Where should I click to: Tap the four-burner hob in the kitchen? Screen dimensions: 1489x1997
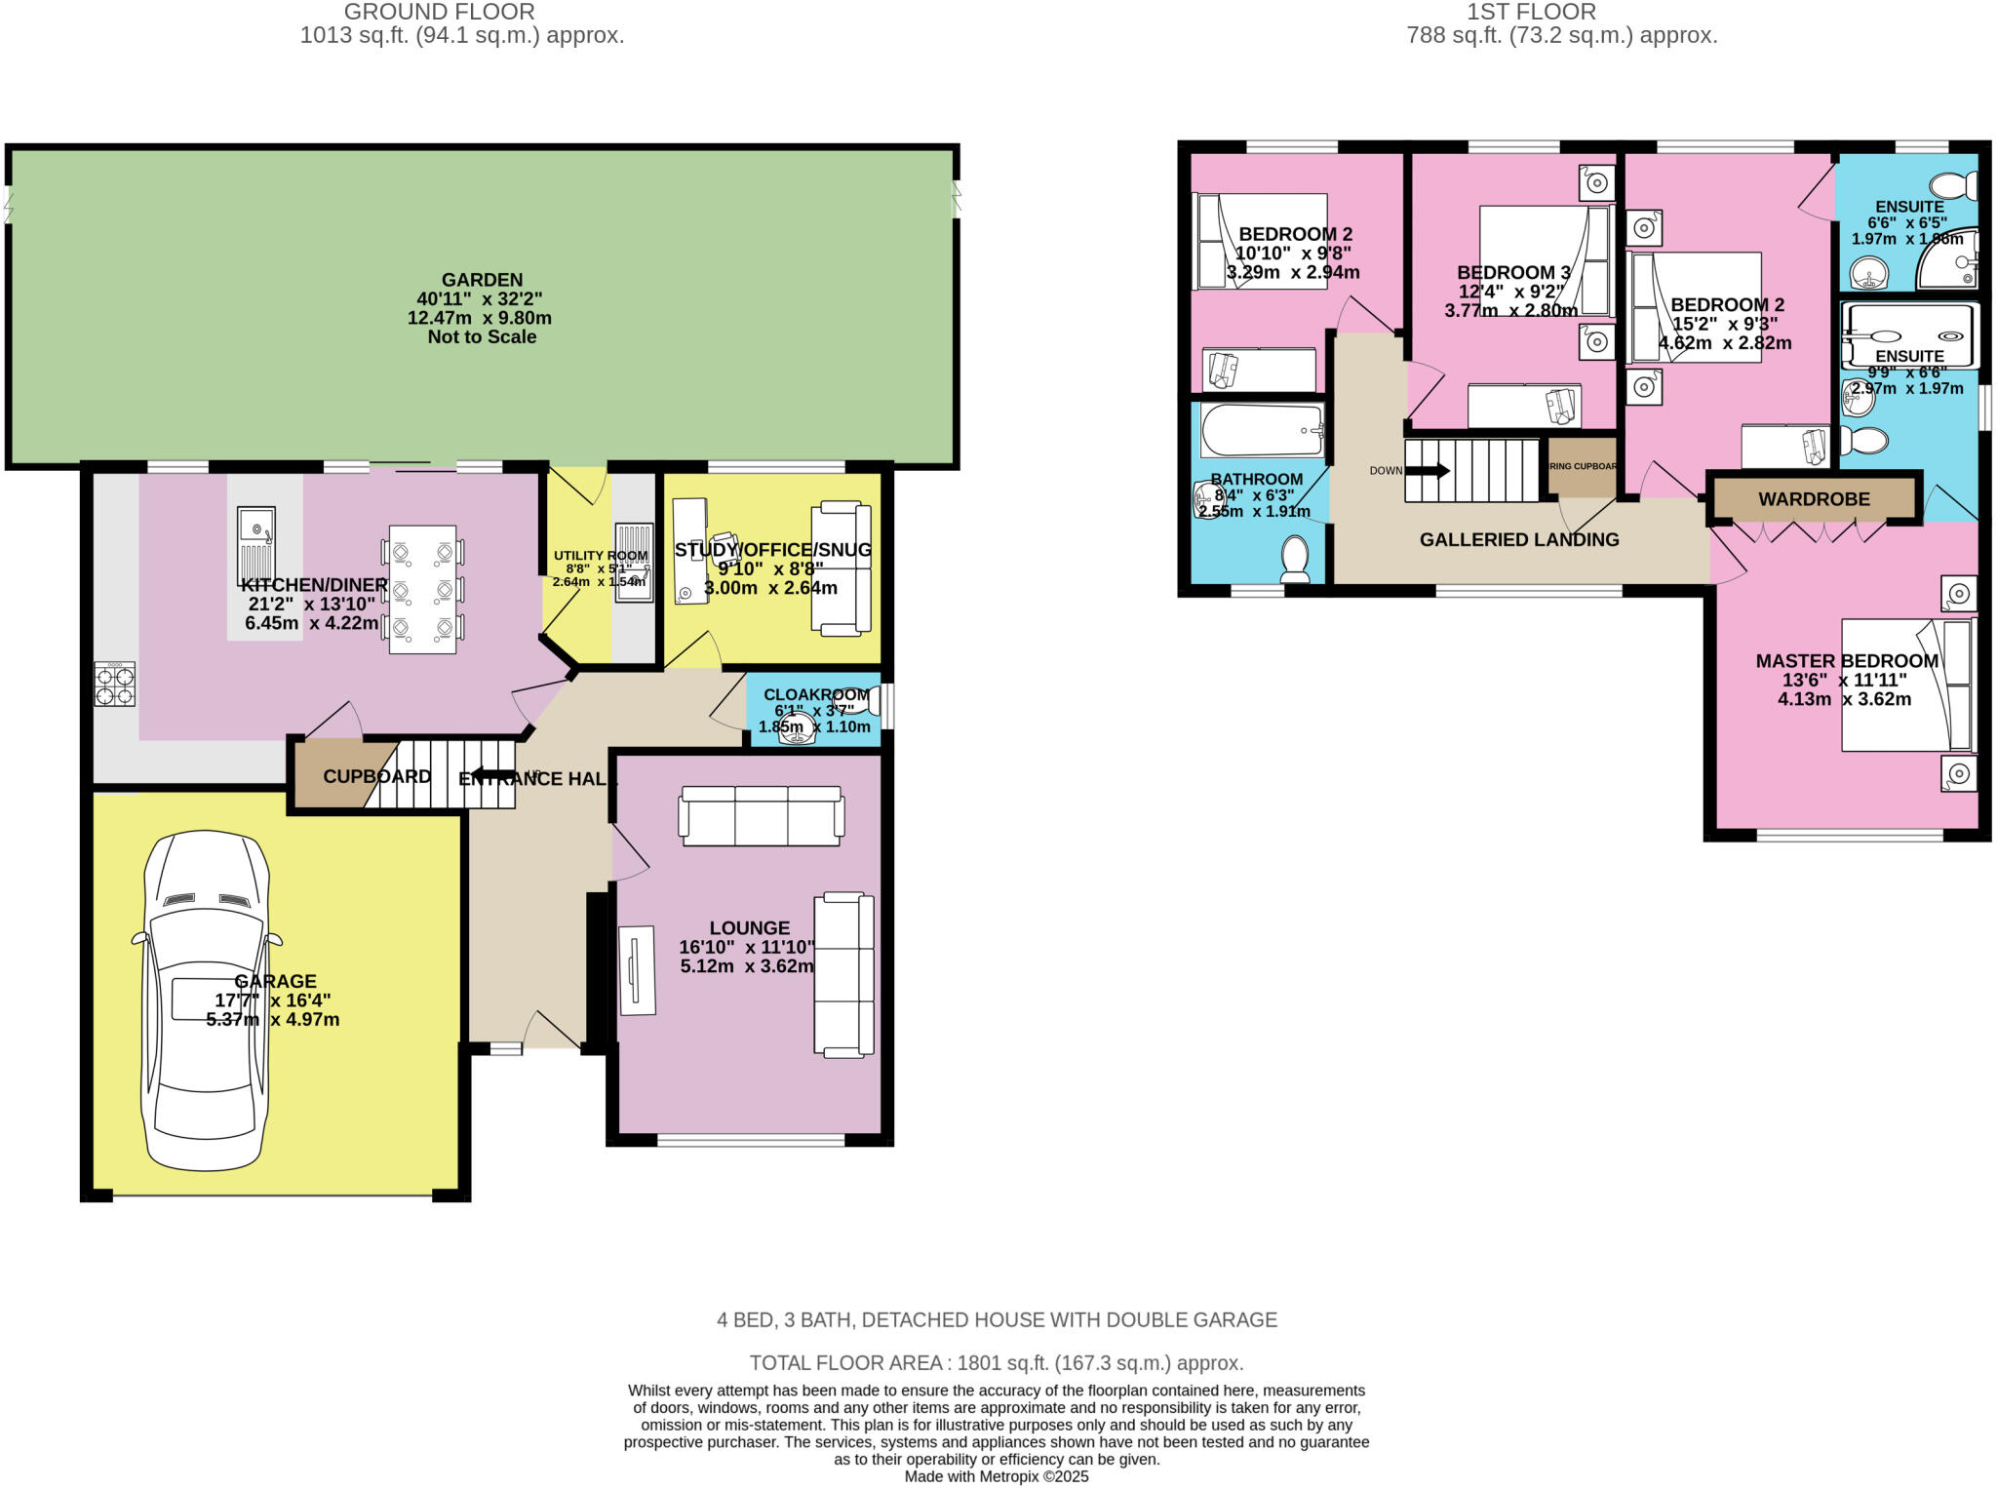pos(114,684)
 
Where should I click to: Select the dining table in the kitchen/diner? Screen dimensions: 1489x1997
pos(422,589)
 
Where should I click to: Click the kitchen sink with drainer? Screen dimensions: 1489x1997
pos(255,545)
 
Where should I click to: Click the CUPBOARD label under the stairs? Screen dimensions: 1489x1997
pos(376,776)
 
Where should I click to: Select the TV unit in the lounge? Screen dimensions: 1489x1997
pos(637,969)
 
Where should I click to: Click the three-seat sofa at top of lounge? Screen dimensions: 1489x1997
pos(762,815)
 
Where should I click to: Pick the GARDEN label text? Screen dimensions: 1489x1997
pos(482,280)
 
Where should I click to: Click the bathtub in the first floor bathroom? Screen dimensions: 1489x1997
pos(1262,430)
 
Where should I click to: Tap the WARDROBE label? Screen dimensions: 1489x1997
pos(1814,499)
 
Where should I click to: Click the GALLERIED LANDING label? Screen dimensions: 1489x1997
pos(1518,539)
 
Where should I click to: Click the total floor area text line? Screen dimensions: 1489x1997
pos(996,1362)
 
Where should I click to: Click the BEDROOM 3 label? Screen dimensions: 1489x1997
pos(1513,272)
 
